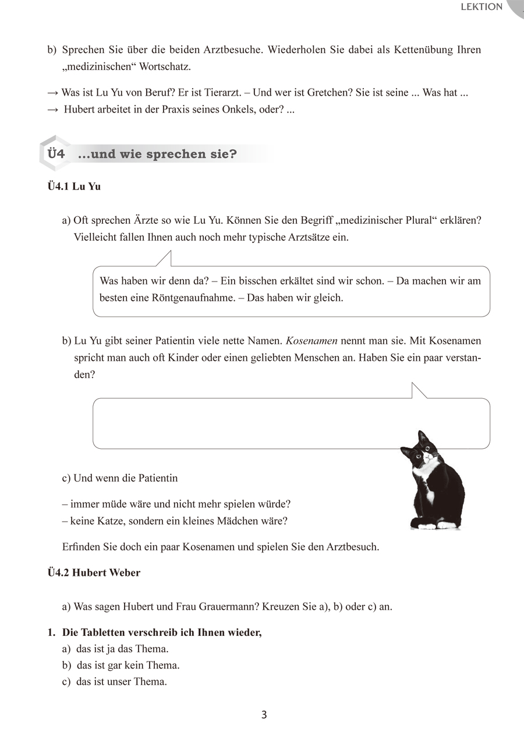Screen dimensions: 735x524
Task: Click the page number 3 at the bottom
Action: [264, 715]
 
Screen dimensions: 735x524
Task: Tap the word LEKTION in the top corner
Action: [481, 7]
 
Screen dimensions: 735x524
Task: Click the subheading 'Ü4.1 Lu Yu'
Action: [74, 187]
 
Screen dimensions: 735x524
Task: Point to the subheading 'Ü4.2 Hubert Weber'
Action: [94, 572]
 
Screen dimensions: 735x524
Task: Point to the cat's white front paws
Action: [434, 525]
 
